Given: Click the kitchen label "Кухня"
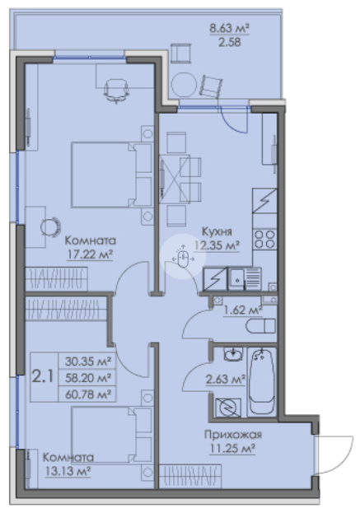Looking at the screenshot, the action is pyautogui.click(x=217, y=231).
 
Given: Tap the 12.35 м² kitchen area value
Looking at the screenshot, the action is pyautogui.click(x=217, y=245).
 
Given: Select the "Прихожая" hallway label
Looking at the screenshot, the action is pyautogui.click(x=233, y=435).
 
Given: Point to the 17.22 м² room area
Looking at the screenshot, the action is pyautogui.click(x=90, y=254).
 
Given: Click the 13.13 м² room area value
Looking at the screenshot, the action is pyautogui.click(x=68, y=471).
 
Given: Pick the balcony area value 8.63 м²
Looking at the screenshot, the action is pyautogui.click(x=229, y=29).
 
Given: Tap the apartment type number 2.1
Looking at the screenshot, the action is pyautogui.click(x=43, y=377).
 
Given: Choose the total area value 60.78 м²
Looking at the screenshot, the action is pyautogui.click(x=87, y=394).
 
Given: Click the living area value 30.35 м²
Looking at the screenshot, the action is pyautogui.click(x=87, y=361).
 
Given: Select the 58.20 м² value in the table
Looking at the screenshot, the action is pyautogui.click(x=87, y=378).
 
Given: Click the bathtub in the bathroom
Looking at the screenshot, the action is pyautogui.click(x=262, y=382).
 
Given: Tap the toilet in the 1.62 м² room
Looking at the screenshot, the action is pyautogui.click(x=260, y=326).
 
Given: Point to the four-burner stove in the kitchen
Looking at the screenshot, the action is pyautogui.click(x=264, y=239).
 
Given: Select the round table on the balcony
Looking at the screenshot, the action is pyautogui.click(x=185, y=85).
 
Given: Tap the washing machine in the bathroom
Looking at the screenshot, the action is pyautogui.click(x=228, y=408).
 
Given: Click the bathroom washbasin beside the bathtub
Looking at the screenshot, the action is pyautogui.click(x=233, y=354).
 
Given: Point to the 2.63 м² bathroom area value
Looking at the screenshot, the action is pyautogui.click(x=226, y=380).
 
